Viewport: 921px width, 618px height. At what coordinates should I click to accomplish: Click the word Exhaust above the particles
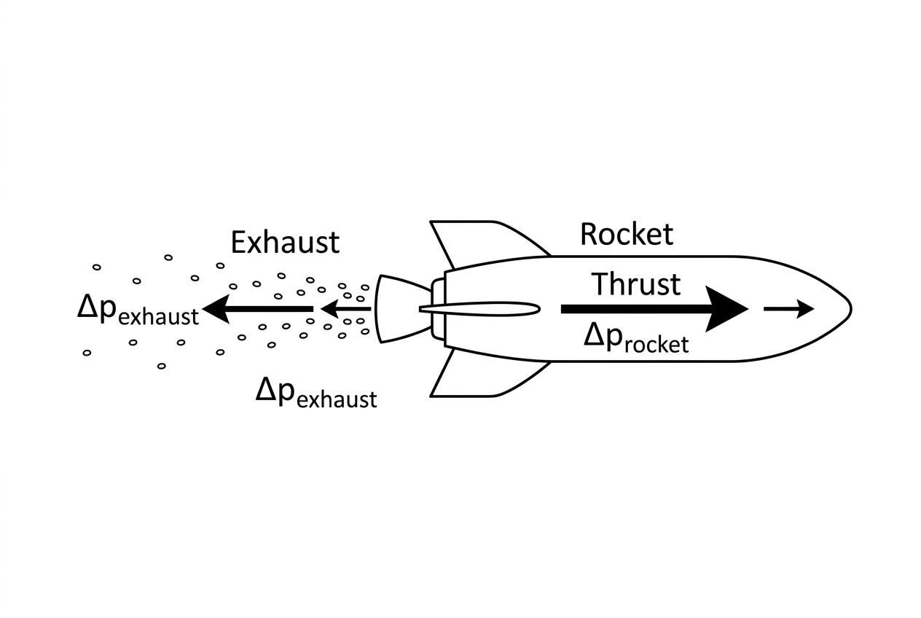tap(286, 242)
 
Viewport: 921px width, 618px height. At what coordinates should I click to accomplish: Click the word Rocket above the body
tap(627, 235)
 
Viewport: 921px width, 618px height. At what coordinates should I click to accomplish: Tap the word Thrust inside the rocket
tap(636, 283)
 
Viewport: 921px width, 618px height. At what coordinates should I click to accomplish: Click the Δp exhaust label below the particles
tap(316, 394)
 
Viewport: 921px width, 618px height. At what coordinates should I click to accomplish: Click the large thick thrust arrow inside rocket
tap(654, 309)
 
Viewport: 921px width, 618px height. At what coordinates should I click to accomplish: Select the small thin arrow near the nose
tap(789, 309)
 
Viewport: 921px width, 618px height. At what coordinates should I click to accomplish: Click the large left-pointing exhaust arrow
tap(258, 309)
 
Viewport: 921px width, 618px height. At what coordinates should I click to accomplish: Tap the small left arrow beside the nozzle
tap(345, 309)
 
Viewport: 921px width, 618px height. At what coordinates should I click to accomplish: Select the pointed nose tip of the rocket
tap(851, 309)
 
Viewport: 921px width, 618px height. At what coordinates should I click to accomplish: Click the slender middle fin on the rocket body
tap(479, 309)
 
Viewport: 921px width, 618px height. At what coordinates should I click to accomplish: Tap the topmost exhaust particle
tap(168, 257)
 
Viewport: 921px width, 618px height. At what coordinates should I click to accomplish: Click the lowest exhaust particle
tap(162, 366)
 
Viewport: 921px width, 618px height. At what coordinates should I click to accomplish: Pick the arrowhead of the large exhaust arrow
tap(216, 309)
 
